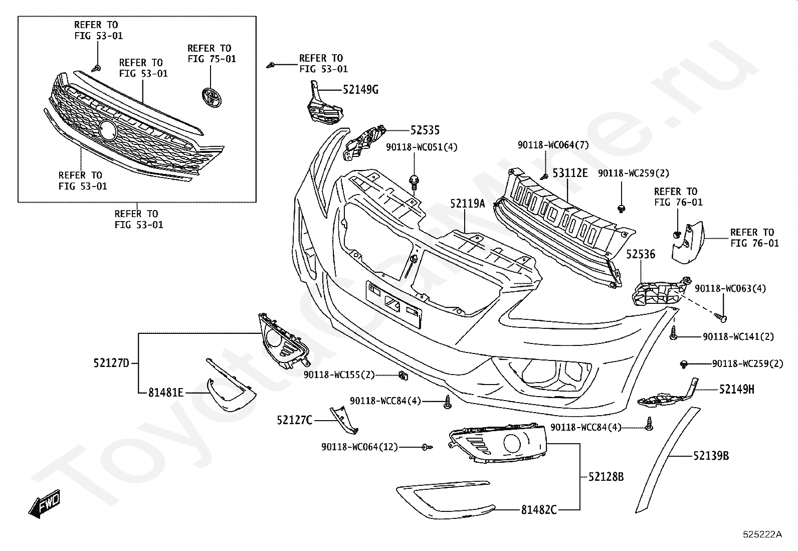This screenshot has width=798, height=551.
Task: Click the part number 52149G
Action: point(360,90)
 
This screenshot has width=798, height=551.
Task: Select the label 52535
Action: point(425,130)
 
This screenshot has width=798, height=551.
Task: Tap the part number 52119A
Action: point(467,204)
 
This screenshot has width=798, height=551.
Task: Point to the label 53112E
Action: point(570,173)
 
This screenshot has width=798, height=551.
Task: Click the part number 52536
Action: point(641,255)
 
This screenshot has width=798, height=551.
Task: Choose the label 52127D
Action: point(111,362)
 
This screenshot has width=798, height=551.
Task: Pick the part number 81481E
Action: point(166,393)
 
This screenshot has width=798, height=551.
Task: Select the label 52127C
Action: point(295,420)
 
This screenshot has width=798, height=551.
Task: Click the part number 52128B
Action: point(606,477)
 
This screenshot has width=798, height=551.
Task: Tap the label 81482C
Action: point(539,510)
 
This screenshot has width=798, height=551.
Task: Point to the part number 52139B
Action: point(711,456)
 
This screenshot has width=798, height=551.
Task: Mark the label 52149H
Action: point(736,389)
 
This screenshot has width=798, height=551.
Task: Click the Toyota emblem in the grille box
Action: point(211,97)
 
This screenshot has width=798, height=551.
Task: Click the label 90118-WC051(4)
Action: point(422,147)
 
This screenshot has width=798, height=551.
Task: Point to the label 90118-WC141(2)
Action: point(738,337)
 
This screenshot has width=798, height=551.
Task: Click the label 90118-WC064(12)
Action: point(359,447)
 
